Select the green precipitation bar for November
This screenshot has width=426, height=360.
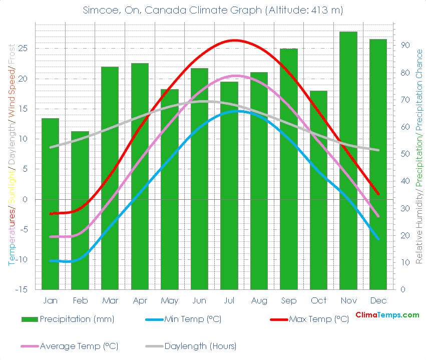pos(348,160)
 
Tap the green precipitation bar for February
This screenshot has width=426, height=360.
pos(80,210)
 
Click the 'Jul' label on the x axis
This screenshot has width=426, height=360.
pos(229,300)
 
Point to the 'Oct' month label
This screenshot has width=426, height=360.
pos(318,300)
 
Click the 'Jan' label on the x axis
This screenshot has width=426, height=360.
pos(50,300)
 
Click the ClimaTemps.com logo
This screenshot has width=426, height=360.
pos(387,315)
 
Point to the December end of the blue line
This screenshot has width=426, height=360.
pos(378,238)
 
